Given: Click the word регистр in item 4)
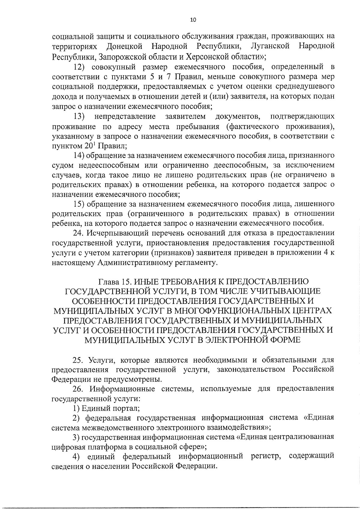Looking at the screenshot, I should click(265, 456).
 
